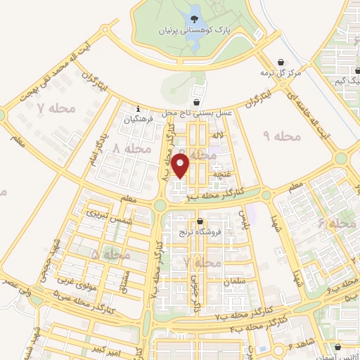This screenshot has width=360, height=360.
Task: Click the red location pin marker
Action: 181,167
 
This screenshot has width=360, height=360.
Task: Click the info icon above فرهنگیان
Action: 138,109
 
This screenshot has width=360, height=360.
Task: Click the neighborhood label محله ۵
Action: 103,253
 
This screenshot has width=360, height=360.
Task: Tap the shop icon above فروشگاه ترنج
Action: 200,222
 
